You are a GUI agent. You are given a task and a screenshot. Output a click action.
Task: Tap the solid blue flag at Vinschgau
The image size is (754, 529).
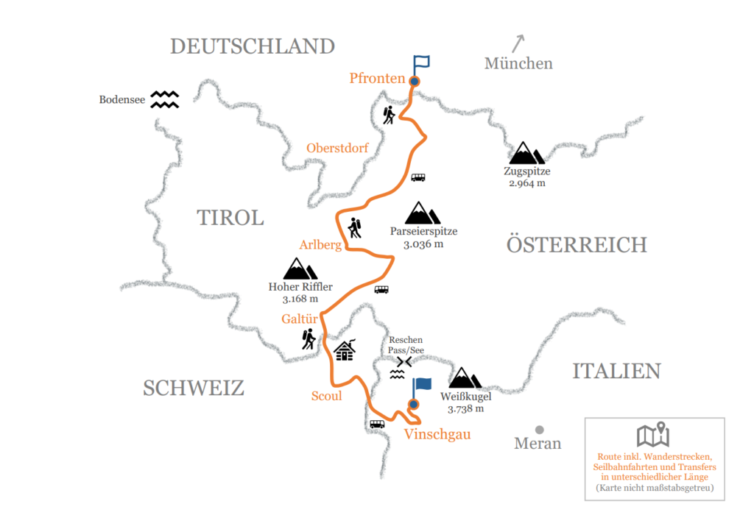tap(420, 388)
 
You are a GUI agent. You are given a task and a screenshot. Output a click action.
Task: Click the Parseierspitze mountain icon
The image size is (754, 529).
tap(422, 213)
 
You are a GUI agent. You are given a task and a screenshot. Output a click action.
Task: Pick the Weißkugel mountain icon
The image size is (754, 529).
tap(465, 377)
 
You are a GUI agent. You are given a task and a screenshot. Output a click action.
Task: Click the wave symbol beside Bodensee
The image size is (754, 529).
tap(164, 99)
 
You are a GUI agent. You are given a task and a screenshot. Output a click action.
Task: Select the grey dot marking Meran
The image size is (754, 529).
tap(539, 429)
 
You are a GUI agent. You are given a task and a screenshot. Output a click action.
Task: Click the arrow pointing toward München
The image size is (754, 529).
tap(518, 43)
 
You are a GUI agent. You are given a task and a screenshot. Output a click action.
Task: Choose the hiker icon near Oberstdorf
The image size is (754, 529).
tap(389, 115)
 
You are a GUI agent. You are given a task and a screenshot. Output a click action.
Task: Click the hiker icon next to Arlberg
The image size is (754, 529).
tap(354, 228)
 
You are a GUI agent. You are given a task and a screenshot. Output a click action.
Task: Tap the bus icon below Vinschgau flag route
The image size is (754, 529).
tap(377, 424)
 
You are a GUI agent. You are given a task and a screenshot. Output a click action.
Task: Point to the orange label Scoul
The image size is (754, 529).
tap(325, 396)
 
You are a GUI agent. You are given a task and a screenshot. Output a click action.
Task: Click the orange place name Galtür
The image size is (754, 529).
tap(298, 319)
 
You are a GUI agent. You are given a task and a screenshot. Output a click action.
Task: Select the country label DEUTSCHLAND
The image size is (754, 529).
tap(253, 46)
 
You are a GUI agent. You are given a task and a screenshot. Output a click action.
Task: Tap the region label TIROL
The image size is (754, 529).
tap(230, 217)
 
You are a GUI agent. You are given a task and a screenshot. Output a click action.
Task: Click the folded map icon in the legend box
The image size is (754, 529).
tap(652, 435)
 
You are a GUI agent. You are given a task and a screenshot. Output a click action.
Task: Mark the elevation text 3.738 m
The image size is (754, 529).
tap(465, 408)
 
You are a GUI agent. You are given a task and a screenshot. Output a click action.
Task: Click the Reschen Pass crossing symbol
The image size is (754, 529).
tap(403, 362)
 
